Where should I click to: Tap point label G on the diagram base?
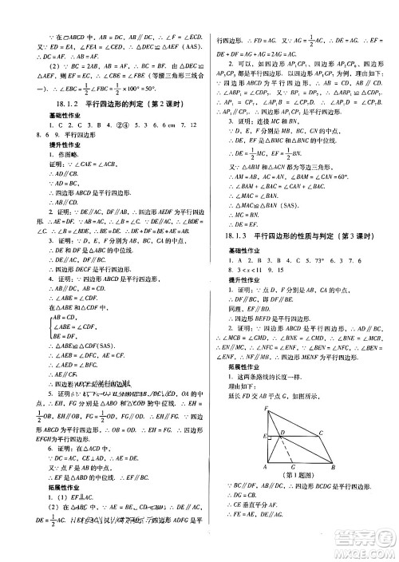(x=293, y=466)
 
